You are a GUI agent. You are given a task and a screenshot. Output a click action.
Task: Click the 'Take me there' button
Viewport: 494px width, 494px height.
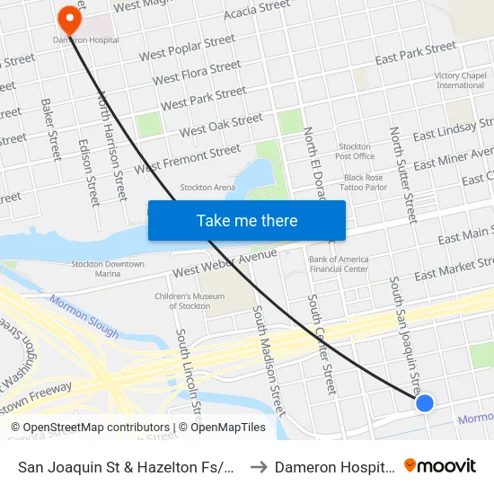pos(247,221)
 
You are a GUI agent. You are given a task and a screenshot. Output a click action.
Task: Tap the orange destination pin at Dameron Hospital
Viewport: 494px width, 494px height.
pos(68,19)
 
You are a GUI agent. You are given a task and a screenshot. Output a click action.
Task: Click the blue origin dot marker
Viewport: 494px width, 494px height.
pos(425,403)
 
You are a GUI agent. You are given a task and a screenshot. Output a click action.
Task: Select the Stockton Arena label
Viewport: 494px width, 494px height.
pos(207,188)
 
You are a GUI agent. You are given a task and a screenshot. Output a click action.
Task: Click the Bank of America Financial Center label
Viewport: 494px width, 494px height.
pos(339,264)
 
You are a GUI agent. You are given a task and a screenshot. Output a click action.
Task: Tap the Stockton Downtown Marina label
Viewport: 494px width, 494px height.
pos(108,269)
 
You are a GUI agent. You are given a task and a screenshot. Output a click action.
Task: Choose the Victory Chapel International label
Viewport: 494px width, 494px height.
pos(460,81)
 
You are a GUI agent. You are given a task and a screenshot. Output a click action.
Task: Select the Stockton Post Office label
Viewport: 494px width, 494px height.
pos(355,151)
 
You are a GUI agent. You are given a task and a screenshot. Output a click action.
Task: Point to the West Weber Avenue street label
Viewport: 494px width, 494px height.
pos(225,262)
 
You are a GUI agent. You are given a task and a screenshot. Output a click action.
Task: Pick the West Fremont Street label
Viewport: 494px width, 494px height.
pos(188,160)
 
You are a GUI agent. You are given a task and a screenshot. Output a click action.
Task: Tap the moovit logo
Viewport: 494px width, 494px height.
pos(439,466)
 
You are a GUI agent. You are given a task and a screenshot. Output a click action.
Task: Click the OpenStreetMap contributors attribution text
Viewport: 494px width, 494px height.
pos(90,428)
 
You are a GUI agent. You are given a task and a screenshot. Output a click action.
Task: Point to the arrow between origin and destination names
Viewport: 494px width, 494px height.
pos(259,467)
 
